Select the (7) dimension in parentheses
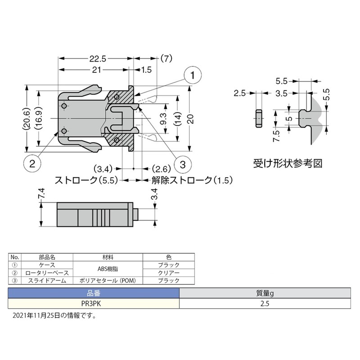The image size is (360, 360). (x=166, y=58)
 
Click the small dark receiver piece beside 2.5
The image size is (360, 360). (x=259, y=118)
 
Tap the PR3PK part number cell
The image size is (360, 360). (x=94, y=303)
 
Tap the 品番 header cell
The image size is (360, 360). (x=94, y=294)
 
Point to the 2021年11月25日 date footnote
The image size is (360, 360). (x=54, y=315)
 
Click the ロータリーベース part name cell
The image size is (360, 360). (x=46, y=272)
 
